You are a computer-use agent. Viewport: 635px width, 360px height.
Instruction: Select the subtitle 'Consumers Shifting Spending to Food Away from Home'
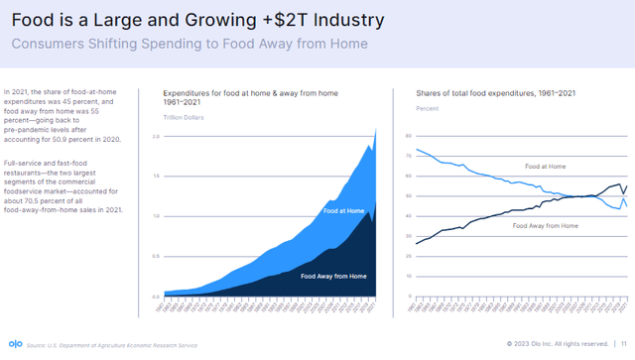coord(189,44)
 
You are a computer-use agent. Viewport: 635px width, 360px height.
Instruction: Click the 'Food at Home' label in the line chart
coord(546,166)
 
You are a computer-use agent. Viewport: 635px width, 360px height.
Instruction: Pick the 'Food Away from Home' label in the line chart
coord(546,226)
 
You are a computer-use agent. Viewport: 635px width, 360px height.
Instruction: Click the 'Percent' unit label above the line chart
coord(427,107)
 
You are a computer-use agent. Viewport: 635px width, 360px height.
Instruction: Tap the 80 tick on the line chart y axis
coord(408,136)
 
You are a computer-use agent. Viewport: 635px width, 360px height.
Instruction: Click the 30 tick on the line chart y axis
coord(408,236)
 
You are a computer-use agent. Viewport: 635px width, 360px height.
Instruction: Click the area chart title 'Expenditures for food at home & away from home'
coord(250,93)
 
